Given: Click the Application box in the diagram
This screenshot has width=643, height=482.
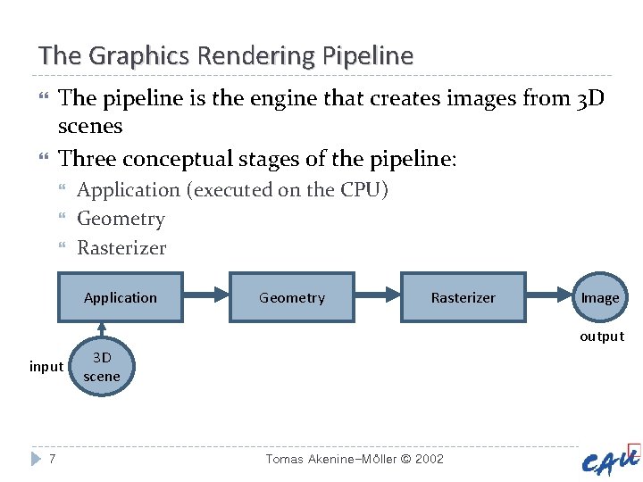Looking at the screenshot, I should point(121,297).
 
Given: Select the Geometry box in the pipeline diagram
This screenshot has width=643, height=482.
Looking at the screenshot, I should point(292,297).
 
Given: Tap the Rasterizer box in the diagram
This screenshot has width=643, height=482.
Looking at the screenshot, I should point(463,297).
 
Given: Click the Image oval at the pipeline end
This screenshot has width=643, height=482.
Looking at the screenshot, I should point(600,297).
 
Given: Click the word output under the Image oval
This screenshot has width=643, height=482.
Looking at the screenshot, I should point(602,337).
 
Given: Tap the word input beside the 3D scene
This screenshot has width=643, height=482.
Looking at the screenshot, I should point(46,366).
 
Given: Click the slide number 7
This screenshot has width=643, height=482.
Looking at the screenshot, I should point(53,459).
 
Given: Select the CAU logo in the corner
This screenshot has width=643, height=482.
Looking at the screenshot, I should point(611,461).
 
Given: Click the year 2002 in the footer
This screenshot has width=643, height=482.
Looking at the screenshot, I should point(429,459).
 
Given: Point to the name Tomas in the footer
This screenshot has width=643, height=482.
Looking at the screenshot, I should point(286,459).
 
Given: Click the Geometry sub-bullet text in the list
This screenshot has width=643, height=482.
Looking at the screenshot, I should point(121,219).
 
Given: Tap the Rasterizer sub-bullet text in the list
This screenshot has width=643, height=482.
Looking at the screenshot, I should point(121,247).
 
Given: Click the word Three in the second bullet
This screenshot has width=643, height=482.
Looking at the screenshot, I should point(87,159).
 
